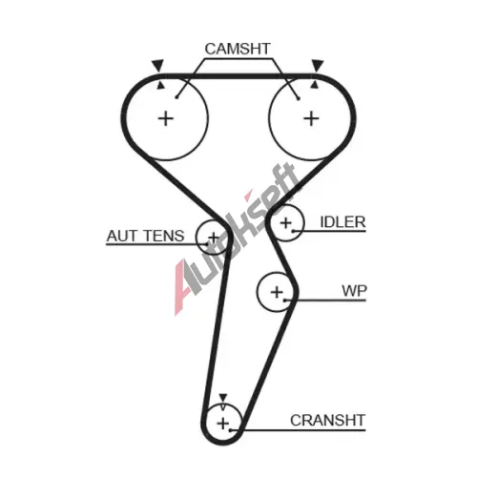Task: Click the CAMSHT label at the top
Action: [238, 49]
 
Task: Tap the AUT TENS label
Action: [146, 236]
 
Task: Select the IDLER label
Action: [342, 222]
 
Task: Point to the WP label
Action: [354, 290]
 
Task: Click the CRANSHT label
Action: [327, 421]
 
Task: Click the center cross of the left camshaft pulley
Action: [166, 119]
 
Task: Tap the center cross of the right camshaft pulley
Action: [311, 119]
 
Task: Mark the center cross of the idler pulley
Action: [286, 223]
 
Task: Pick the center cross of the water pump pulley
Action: [277, 292]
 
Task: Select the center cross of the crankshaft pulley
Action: [223, 424]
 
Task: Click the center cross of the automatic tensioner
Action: [214, 238]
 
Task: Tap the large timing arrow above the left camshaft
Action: [157, 65]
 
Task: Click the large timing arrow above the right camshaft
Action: [318, 65]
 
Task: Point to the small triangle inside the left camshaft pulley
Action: [161, 85]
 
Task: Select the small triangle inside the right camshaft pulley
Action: [315, 84]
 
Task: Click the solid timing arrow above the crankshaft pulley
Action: [223, 397]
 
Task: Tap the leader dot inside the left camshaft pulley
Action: [176, 97]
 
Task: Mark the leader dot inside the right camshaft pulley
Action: [299, 99]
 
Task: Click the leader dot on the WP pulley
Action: [285, 301]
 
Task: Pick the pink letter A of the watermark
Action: [184, 288]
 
